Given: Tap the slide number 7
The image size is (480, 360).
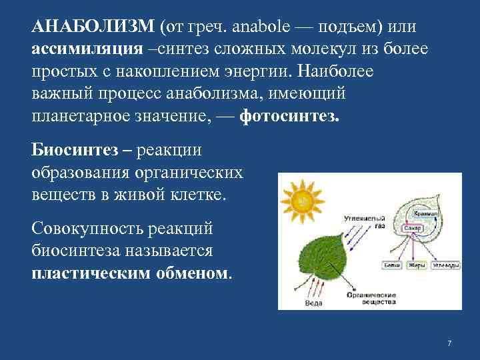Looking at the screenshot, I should (x=449, y=343).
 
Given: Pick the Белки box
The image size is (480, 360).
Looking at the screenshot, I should (x=391, y=265).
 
